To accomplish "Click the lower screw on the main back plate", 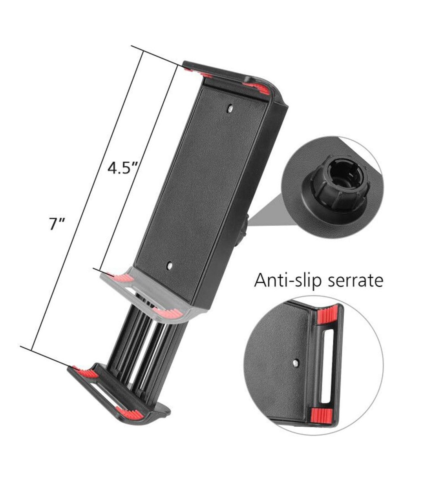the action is (169, 265).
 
